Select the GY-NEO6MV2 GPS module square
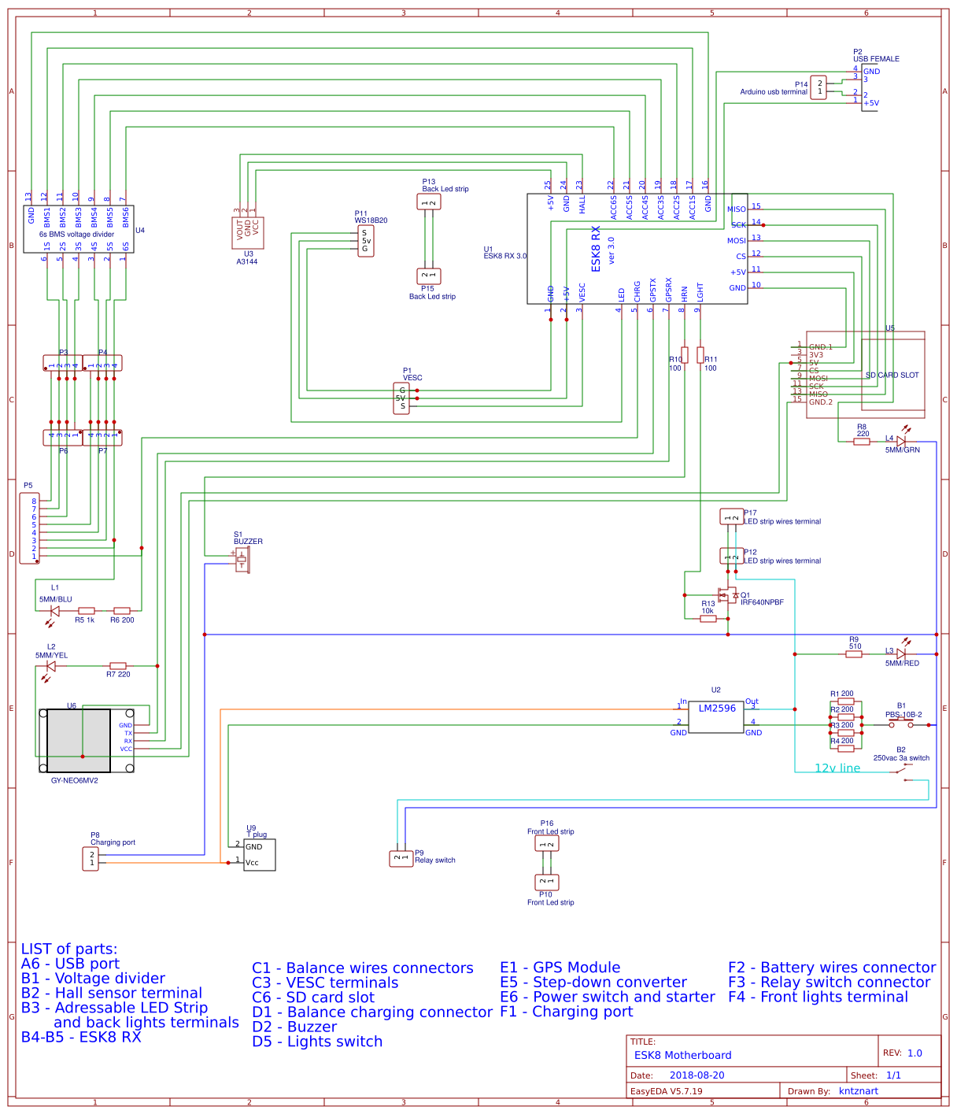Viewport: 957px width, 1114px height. click(x=79, y=740)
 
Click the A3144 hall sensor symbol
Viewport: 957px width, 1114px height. click(x=248, y=233)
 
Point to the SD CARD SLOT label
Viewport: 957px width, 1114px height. click(x=892, y=376)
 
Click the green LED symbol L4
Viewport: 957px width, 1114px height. click(x=901, y=441)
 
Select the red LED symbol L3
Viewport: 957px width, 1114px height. click(x=901, y=653)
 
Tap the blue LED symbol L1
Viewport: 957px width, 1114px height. click(x=54, y=611)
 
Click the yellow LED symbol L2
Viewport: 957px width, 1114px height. click(x=51, y=666)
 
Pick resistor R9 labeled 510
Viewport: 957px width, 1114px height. click(x=855, y=654)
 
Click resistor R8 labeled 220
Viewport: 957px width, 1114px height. click(x=862, y=442)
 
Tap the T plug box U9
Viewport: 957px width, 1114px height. click(x=260, y=855)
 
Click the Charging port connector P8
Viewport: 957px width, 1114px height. click(x=91, y=859)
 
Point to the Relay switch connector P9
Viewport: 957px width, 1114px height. click(x=401, y=858)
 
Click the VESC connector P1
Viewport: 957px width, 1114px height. click(x=401, y=398)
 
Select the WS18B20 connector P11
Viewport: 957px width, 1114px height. click(x=364, y=242)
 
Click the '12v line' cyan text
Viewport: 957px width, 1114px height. click(x=837, y=768)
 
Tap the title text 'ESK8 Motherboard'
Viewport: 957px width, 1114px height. click(x=682, y=1055)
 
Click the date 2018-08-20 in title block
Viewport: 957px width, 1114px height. click(x=697, y=1075)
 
